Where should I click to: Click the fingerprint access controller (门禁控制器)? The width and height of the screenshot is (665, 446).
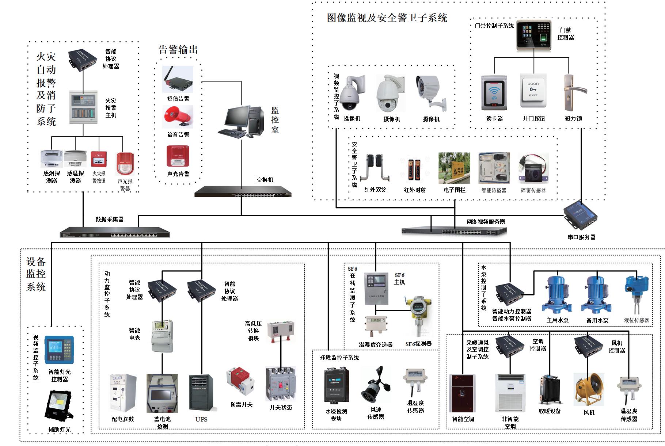click(x=534, y=35)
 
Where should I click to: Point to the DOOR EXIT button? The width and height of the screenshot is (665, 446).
click(x=533, y=91)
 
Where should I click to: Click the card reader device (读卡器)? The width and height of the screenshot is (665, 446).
click(x=494, y=93)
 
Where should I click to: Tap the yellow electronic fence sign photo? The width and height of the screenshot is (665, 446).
click(x=455, y=168)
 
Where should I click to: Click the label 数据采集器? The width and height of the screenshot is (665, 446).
click(x=110, y=220)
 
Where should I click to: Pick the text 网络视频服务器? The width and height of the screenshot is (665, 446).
click(x=486, y=222)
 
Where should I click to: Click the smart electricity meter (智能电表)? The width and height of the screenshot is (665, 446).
click(x=162, y=336)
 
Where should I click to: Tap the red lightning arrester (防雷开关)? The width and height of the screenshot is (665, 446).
click(x=240, y=383)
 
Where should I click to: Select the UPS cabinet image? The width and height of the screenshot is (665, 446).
click(x=201, y=393)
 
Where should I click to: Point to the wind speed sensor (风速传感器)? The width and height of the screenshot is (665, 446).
click(x=375, y=385)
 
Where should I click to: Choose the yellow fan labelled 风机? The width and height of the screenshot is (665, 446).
click(x=589, y=389)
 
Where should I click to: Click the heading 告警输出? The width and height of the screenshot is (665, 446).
click(x=178, y=50)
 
